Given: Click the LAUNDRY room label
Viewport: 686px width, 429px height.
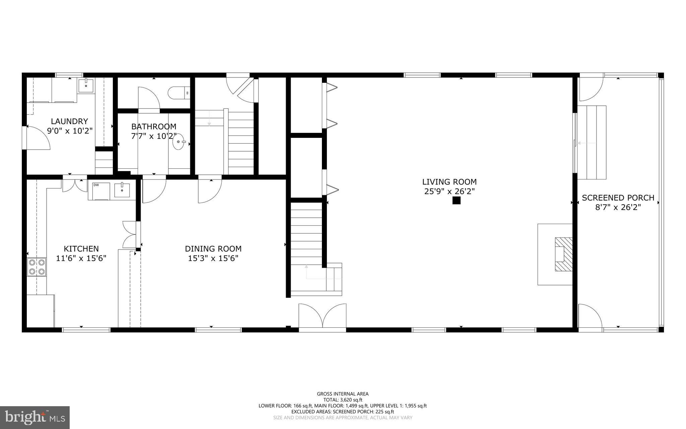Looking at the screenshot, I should click(x=69, y=121).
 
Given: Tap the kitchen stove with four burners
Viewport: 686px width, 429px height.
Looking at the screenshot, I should click(x=37, y=267).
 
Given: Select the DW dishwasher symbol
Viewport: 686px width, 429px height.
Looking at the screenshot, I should click(x=98, y=191).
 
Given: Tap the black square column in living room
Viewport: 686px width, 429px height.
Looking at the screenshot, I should click(x=456, y=201).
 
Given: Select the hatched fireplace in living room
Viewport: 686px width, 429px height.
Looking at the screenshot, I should click(x=563, y=254).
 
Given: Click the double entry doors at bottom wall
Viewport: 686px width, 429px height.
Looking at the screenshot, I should click(x=322, y=317).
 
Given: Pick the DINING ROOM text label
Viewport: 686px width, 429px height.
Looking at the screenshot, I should click(x=213, y=249).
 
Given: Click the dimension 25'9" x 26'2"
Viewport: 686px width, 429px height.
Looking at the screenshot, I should click(x=449, y=192).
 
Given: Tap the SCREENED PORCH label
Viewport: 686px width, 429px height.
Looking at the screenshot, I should click(x=618, y=198).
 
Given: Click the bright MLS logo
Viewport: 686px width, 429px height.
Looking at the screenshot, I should click(x=35, y=417).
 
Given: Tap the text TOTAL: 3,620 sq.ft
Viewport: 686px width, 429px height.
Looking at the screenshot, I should click(x=343, y=400).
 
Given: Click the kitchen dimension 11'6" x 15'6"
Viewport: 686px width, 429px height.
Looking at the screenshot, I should click(x=81, y=258).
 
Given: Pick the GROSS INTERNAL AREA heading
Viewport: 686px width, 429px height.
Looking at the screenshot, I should click(x=343, y=394).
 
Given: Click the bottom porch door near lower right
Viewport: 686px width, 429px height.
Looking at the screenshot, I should click(x=590, y=317).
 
